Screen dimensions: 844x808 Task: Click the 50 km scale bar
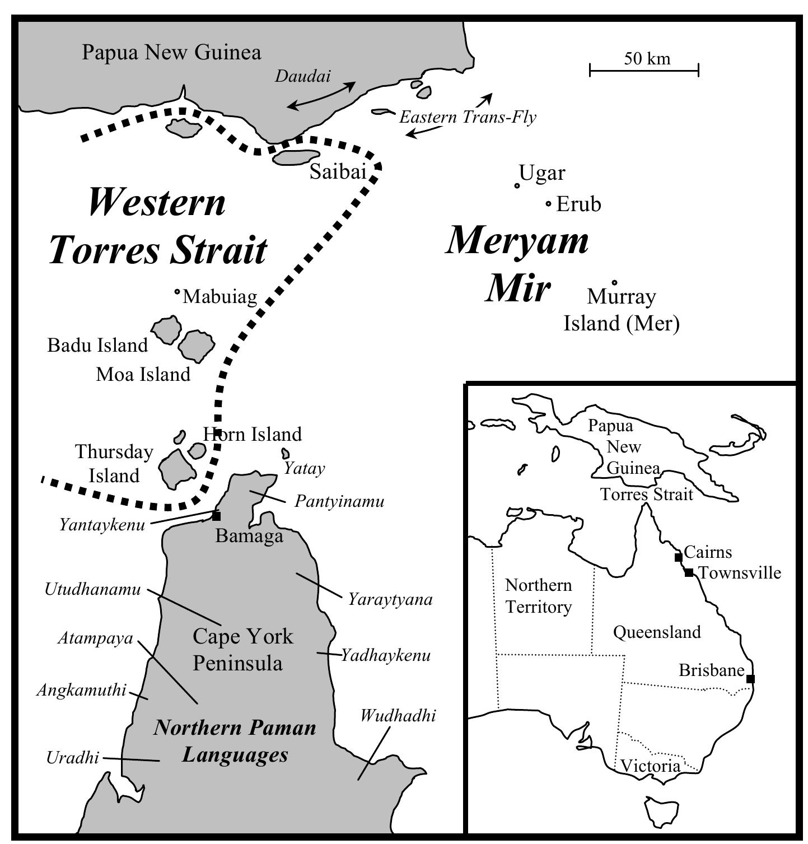click(644, 69)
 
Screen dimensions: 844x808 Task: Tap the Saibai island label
click(338, 171)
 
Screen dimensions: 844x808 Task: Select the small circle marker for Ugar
click(517, 185)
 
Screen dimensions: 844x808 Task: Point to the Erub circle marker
click(549, 204)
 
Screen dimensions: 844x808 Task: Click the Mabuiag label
click(219, 296)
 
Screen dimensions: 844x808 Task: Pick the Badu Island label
click(97, 345)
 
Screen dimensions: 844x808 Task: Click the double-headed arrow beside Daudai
click(321, 95)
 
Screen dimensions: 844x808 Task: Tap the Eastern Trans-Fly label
click(468, 117)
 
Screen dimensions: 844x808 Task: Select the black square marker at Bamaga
click(216, 516)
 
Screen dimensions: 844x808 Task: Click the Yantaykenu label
click(102, 525)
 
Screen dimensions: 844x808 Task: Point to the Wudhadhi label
click(398, 715)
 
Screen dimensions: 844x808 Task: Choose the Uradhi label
click(72, 758)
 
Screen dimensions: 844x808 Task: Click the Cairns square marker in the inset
click(678, 557)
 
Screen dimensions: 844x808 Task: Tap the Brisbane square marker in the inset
click(750, 679)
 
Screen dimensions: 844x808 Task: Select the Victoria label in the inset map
click(650, 766)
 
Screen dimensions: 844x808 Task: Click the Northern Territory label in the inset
click(538, 596)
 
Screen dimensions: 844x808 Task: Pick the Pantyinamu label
click(339, 501)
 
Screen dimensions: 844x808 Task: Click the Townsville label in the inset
click(740, 573)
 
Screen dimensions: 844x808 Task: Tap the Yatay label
click(304, 468)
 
